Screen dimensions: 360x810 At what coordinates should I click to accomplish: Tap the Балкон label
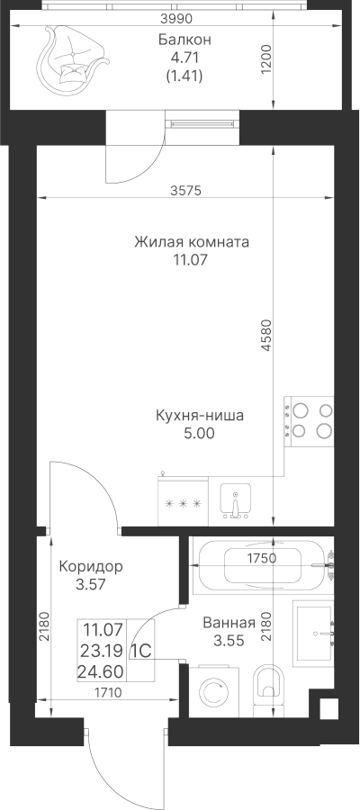(184, 40)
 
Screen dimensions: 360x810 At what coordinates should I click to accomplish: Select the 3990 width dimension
(176, 19)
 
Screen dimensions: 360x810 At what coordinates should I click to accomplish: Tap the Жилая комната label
(192, 242)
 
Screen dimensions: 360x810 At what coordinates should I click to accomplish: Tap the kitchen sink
(236, 500)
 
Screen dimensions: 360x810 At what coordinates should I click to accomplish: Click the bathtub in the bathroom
(261, 565)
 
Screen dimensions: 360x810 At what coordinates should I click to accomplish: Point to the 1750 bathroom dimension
(263, 558)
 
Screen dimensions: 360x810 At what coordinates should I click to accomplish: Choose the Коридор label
(91, 567)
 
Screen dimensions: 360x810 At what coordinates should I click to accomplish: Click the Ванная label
(229, 623)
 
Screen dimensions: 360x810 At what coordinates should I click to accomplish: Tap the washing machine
(214, 692)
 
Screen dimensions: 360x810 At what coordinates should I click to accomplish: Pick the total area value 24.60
(100, 672)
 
